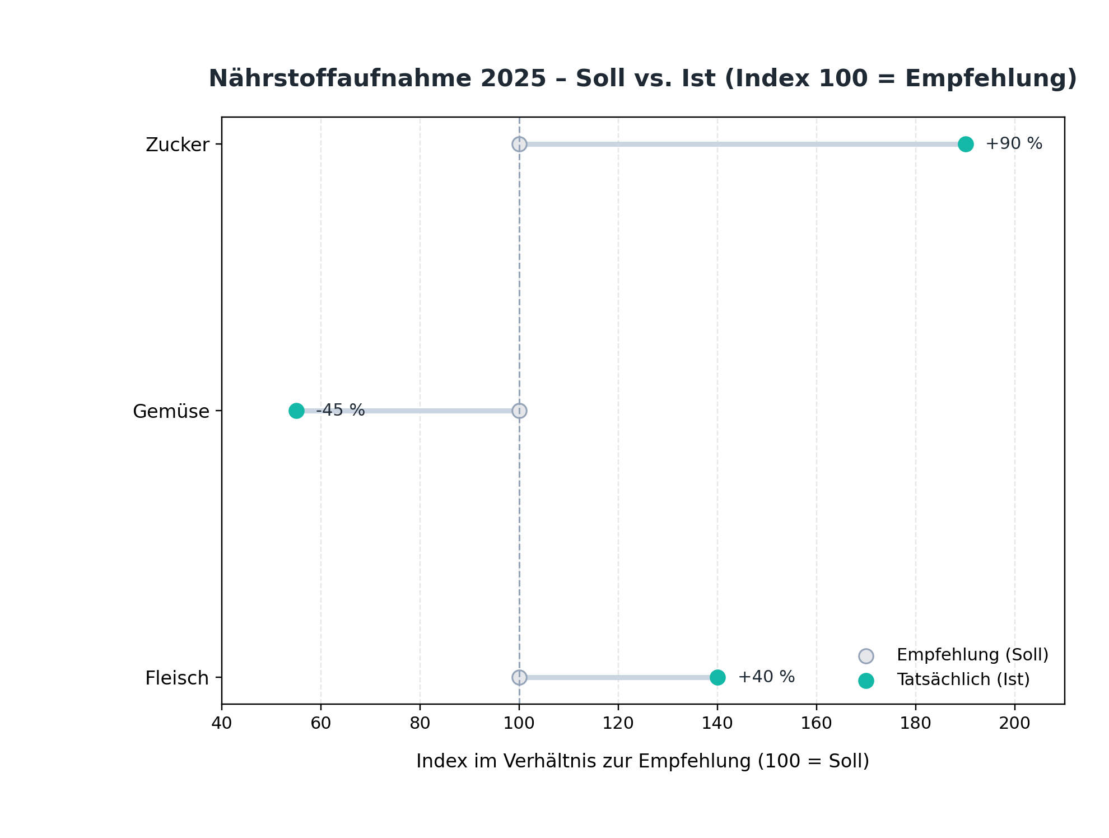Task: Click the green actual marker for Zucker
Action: (x=966, y=144)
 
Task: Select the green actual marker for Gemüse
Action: (x=296, y=411)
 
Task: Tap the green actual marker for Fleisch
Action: (x=717, y=677)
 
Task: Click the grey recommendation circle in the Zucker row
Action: (x=519, y=144)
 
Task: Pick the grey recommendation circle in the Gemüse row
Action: (x=519, y=411)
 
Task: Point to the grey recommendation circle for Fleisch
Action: (x=519, y=677)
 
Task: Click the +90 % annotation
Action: (x=1014, y=144)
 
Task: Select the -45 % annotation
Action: (x=341, y=410)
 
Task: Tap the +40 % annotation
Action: (x=766, y=677)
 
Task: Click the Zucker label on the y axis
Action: (x=178, y=145)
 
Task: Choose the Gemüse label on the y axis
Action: (x=171, y=412)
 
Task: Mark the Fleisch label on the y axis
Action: (x=177, y=678)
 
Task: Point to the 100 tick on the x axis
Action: (x=519, y=723)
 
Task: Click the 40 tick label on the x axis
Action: (x=222, y=723)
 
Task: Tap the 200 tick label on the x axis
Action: (x=1015, y=723)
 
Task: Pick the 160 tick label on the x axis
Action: (x=817, y=723)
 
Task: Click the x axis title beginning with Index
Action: (x=642, y=761)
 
